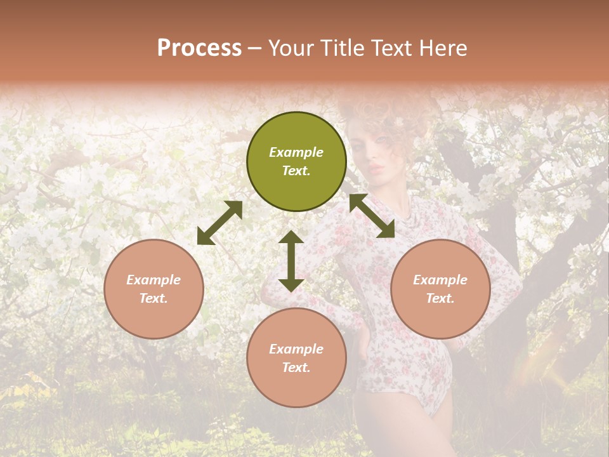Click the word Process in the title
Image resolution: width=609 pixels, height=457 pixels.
(x=199, y=48)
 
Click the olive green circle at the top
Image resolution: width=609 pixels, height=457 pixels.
(x=296, y=162)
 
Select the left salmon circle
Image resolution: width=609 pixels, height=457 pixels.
(x=154, y=289)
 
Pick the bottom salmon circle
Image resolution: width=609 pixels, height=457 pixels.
(x=296, y=358)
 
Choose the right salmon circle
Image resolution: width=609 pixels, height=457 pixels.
(x=440, y=289)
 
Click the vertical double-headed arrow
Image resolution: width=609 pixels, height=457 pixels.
(x=291, y=261)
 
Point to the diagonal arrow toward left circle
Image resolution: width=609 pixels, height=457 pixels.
(x=219, y=223)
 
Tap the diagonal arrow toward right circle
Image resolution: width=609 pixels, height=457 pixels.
(x=371, y=216)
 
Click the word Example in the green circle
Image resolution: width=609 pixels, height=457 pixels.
(x=296, y=152)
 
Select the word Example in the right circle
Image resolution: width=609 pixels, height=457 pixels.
(x=440, y=280)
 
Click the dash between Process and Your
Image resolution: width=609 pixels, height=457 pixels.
(x=255, y=49)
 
